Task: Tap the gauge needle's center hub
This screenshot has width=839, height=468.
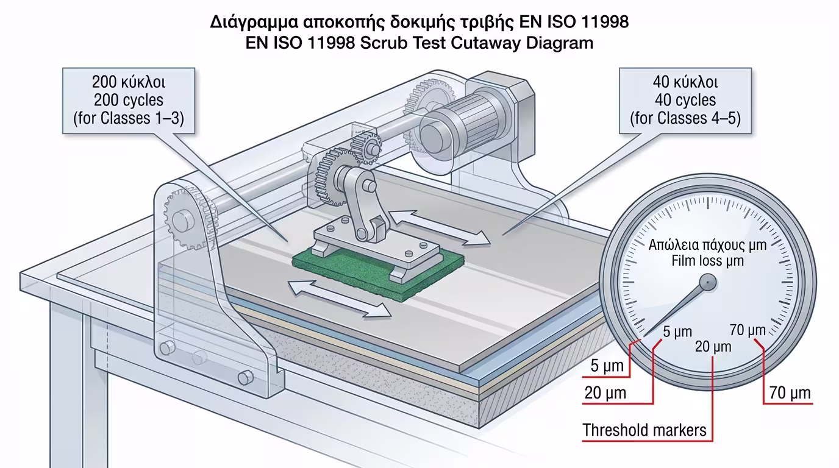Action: click(x=707, y=282)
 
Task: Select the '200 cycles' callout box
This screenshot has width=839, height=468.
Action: click(x=128, y=100)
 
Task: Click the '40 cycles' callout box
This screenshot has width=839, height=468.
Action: click(x=685, y=100)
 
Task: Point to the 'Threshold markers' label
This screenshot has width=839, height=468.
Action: click(x=644, y=430)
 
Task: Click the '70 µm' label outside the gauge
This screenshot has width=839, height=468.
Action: click(x=790, y=393)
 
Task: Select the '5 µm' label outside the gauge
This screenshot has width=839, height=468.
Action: click(x=607, y=366)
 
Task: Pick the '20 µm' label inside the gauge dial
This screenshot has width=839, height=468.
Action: click(x=713, y=347)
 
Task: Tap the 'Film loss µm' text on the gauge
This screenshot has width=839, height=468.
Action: click(x=707, y=261)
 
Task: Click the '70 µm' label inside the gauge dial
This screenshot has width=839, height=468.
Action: click(x=748, y=330)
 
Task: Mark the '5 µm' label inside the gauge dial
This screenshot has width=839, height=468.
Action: click(x=677, y=332)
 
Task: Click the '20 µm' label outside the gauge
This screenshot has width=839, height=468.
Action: click(x=605, y=393)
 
